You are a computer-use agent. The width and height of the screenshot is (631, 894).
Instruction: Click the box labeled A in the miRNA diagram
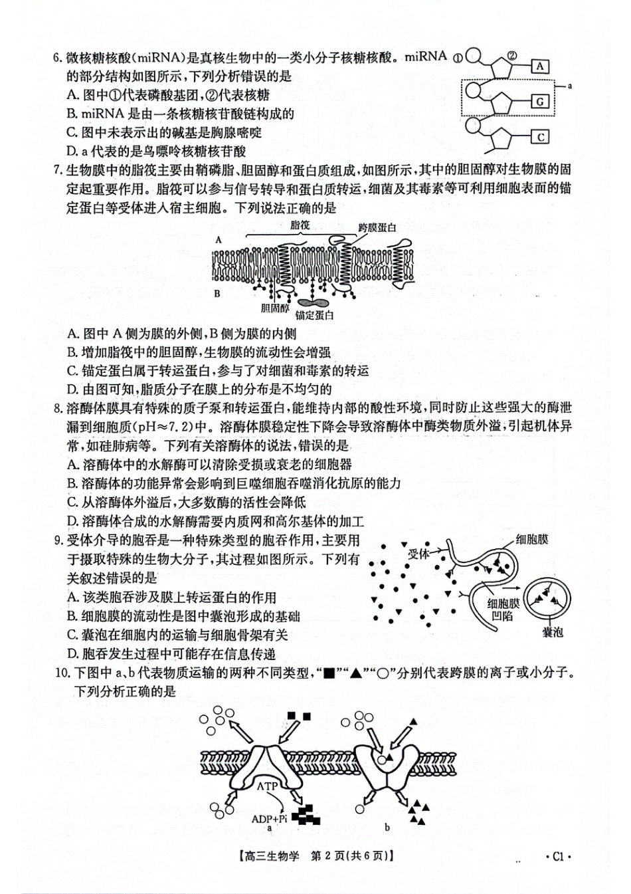[541, 66]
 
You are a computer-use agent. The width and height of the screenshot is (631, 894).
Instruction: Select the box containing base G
[541, 102]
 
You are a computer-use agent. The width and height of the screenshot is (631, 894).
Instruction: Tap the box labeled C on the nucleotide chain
[541, 137]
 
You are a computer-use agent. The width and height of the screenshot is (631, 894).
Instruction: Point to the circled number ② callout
[512, 56]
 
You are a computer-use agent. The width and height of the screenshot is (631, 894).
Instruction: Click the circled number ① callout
[458, 57]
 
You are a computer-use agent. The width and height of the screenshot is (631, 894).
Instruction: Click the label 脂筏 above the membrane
[300, 225]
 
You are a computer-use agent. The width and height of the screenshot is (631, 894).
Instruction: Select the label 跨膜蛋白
[377, 228]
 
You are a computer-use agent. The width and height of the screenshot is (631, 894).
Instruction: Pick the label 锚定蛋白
[314, 315]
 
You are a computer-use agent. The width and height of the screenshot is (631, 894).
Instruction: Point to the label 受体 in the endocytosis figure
[418, 554]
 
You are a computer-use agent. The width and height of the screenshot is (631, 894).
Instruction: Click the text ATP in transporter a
[267, 786]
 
